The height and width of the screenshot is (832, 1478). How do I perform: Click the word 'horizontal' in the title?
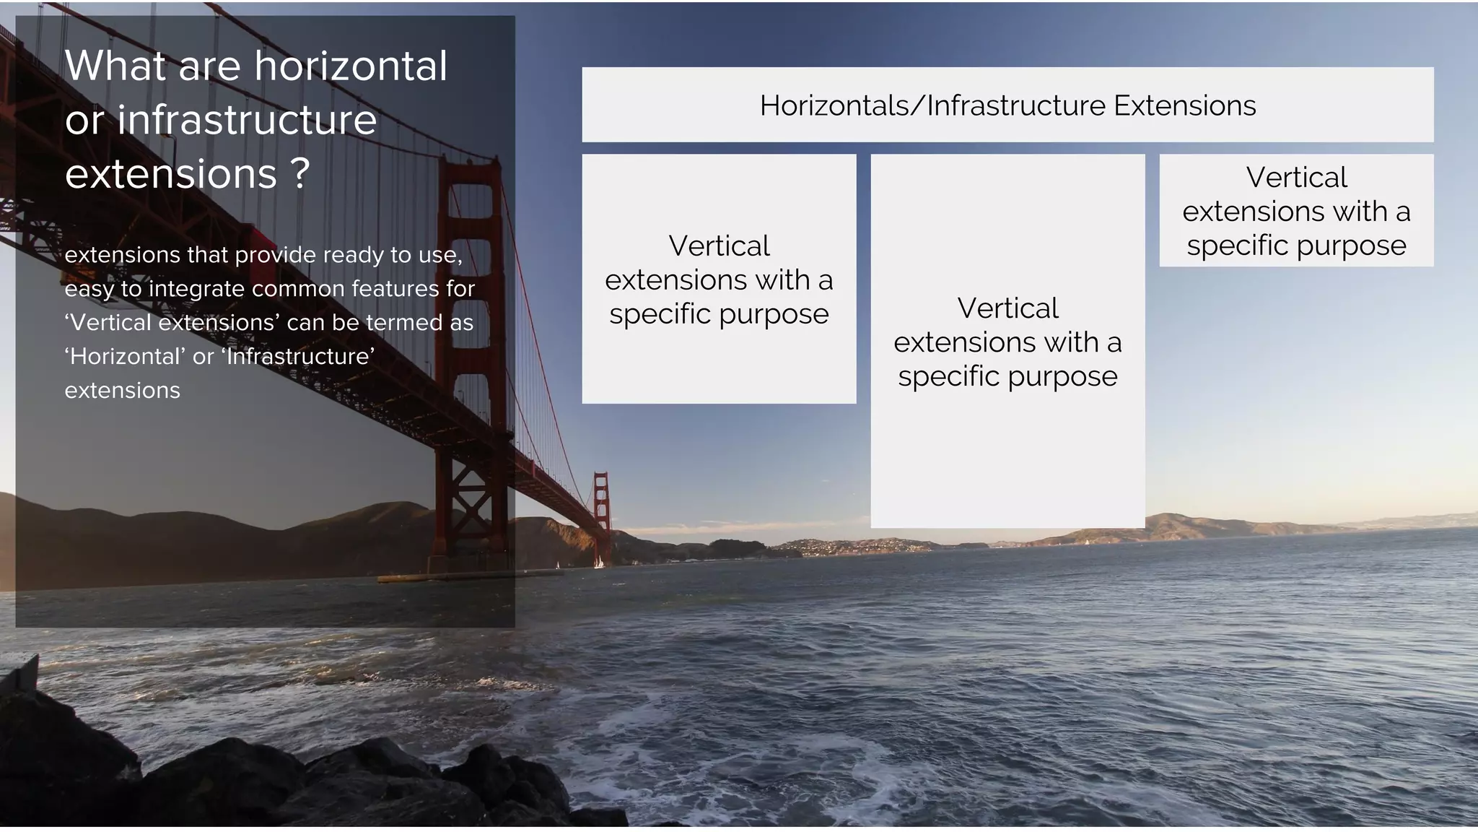click(x=351, y=66)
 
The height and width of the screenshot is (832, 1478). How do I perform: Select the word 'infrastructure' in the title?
click(x=246, y=120)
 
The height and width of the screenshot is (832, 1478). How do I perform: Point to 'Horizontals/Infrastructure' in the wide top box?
click(x=932, y=106)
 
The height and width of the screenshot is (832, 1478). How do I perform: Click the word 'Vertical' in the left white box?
click(x=719, y=246)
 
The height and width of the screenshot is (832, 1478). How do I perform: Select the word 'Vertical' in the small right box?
click(x=1296, y=178)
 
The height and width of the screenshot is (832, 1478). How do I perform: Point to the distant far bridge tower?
click(x=601, y=516)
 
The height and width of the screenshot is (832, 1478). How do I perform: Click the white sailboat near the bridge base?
click(x=598, y=562)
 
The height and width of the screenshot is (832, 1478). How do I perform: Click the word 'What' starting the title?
click(x=115, y=66)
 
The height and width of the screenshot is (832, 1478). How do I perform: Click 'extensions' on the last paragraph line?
click(x=122, y=391)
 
